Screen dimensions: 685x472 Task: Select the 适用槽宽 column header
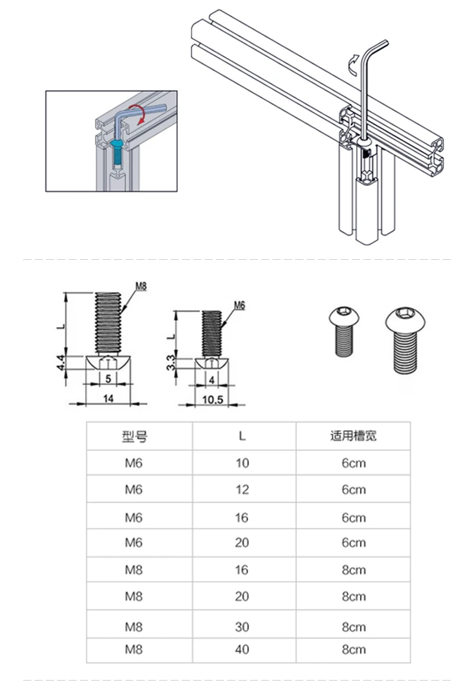(x=353, y=436)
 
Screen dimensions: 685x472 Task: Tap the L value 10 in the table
(x=242, y=464)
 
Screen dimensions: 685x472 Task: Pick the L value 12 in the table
(x=242, y=490)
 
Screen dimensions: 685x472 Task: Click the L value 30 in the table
(x=242, y=627)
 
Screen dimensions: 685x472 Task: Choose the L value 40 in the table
(x=242, y=650)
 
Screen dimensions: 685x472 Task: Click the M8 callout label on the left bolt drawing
(x=140, y=287)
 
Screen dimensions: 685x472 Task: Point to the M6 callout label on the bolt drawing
(x=239, y=306)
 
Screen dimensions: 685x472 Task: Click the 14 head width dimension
(x=108, y=398)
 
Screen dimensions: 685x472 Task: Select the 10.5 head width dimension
(x=211, y=400)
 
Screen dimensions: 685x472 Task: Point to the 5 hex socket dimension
(x=108, y=379)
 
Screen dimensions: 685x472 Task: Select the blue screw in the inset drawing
(x=117, y=150)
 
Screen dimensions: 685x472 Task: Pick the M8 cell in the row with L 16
(x=134, y=570)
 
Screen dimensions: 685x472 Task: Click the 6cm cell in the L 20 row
(x=353, y=543)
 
